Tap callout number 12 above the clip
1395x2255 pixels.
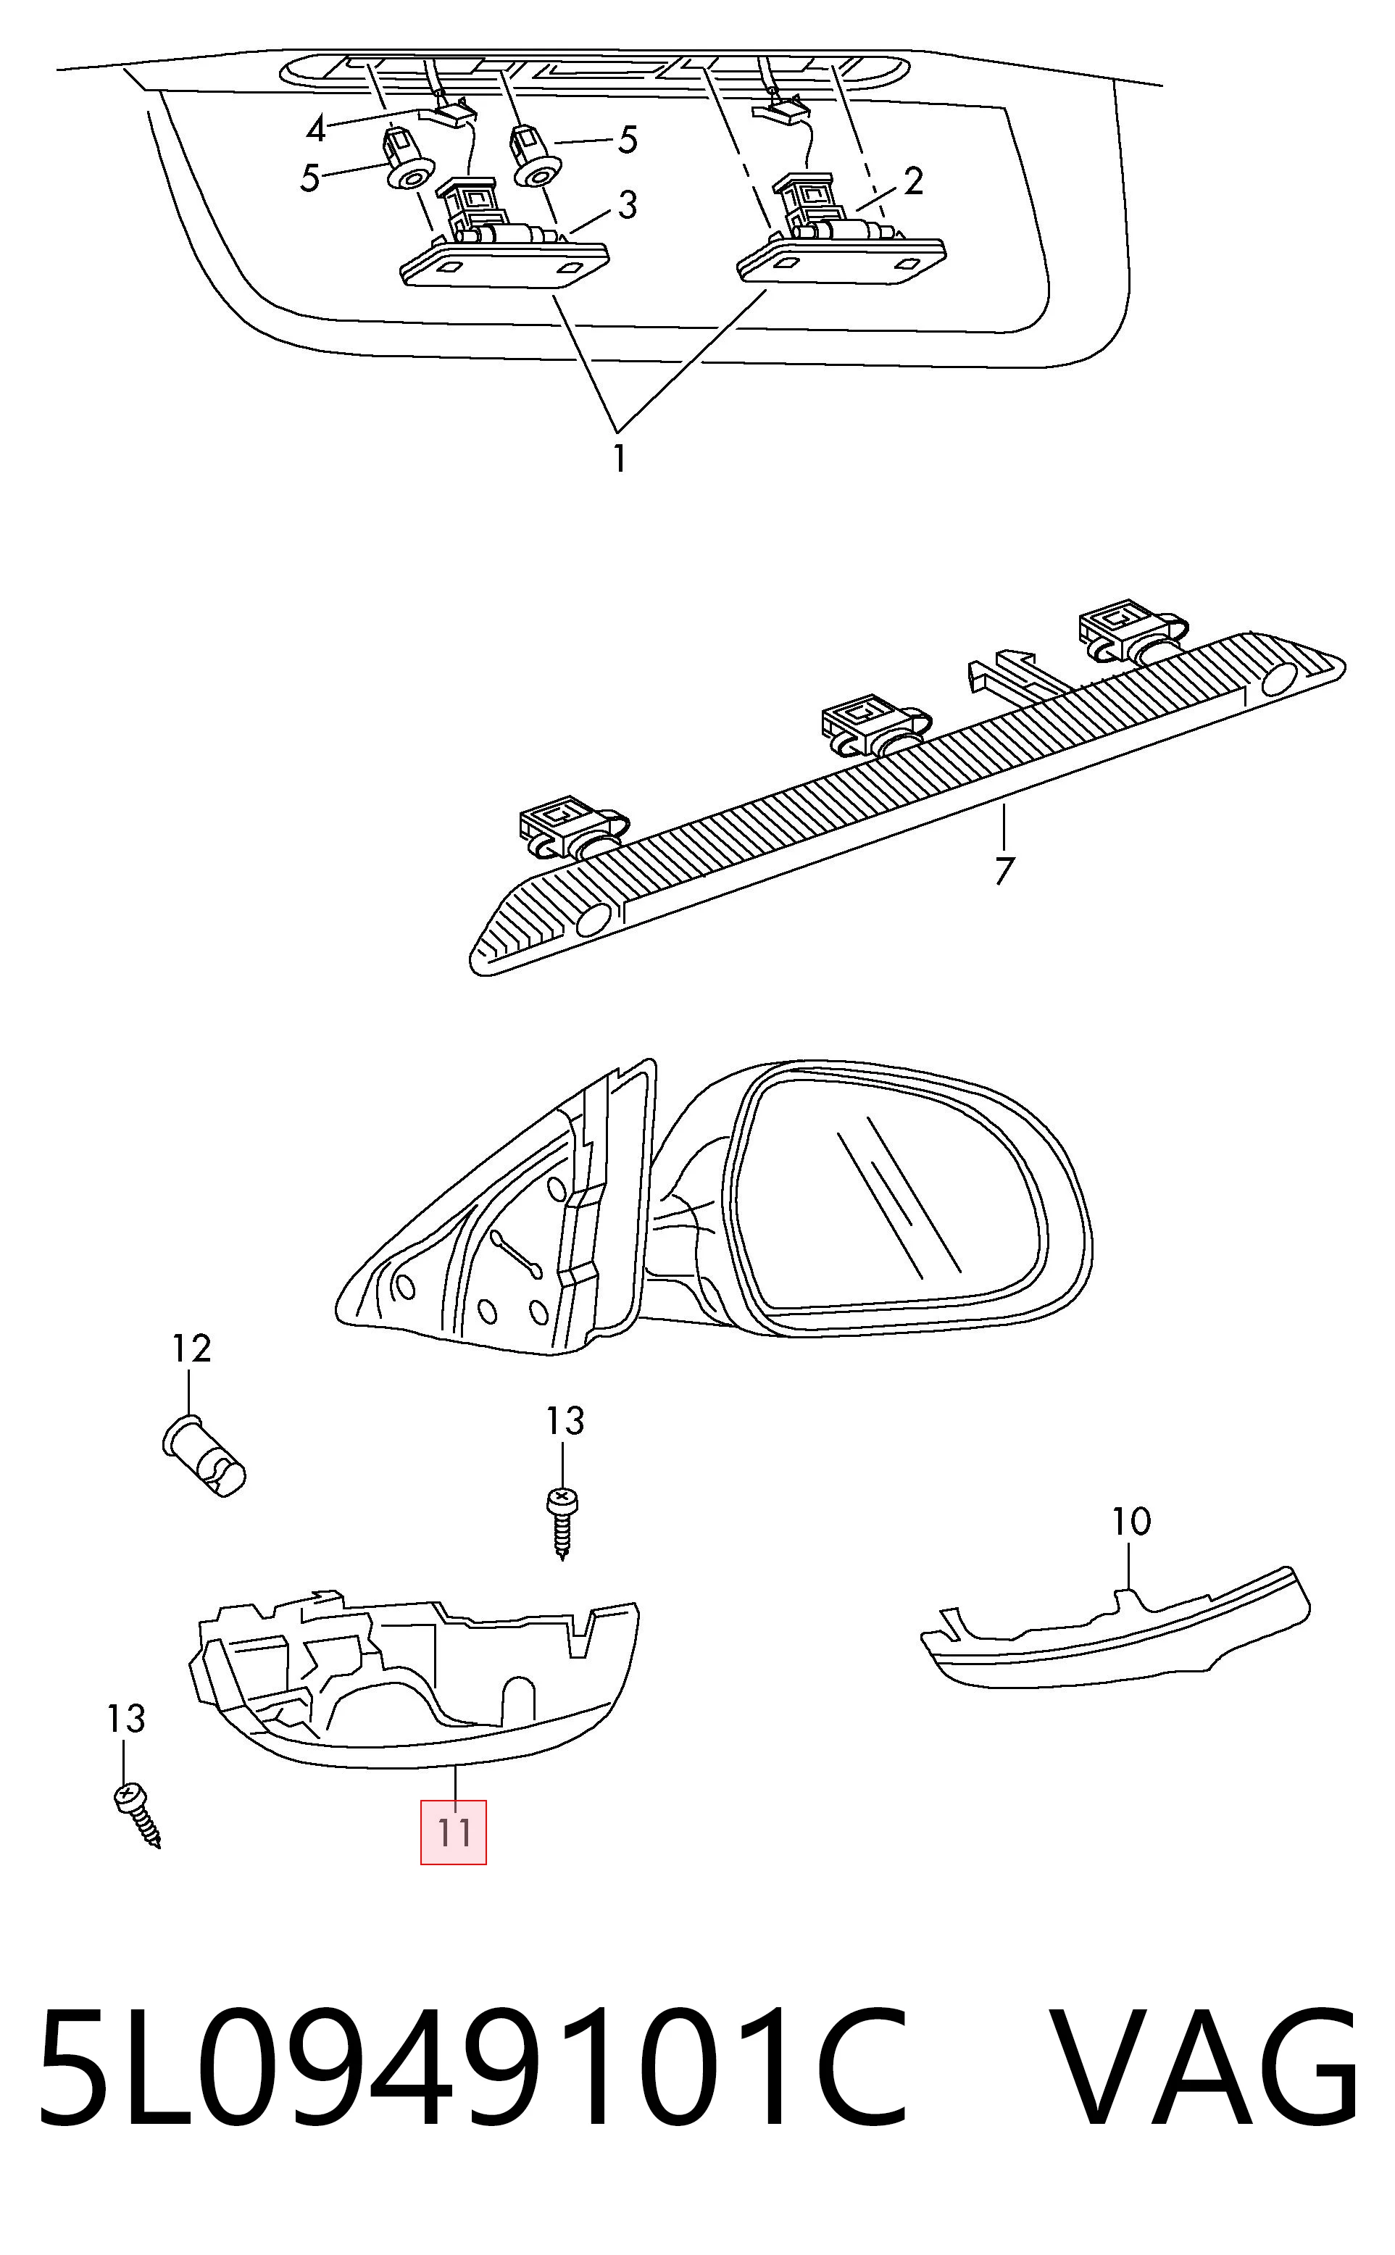(x=192, y=1349)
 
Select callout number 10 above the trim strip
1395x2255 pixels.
(x=1131, y=1522)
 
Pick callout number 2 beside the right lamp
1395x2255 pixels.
(x=913, y=180)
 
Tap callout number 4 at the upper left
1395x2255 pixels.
(x=317, y=129)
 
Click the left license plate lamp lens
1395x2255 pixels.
(x=504, y=264)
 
